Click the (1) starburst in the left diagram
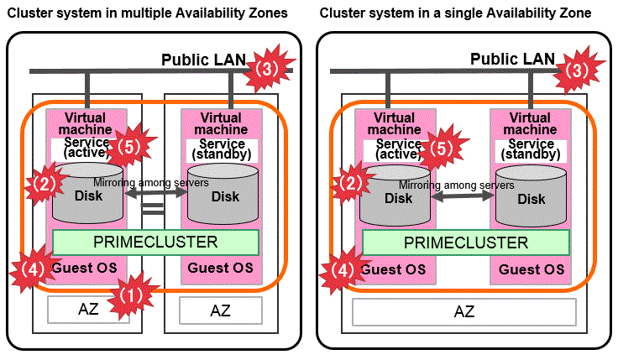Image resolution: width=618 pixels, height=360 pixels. click(128, 294)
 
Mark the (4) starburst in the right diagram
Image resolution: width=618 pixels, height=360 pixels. click(341, 270)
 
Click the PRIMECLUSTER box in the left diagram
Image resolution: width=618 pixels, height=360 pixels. click(155, 243)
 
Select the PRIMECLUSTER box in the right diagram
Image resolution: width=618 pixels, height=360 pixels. click(466, 243)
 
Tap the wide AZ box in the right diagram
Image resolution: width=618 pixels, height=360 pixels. click(464, 311)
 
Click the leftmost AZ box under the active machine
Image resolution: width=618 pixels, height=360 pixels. click(88, 309)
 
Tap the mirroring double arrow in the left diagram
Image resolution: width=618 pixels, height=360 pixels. click(156, 192)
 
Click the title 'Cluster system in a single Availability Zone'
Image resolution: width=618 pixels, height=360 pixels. click(455, 13)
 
